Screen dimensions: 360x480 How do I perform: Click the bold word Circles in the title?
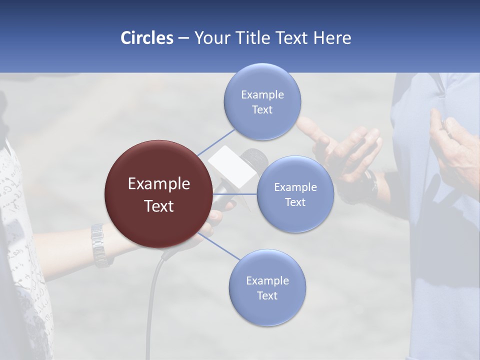146,38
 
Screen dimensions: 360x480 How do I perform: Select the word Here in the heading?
332,38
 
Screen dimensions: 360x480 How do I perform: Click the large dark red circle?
158,194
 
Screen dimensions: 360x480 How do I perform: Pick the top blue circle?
262,101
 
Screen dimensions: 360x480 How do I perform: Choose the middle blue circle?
295,194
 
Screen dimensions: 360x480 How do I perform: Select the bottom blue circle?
267,287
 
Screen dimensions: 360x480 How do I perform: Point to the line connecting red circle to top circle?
216,142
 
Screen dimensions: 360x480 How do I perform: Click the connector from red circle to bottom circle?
218,246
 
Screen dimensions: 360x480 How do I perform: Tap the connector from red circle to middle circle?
235,194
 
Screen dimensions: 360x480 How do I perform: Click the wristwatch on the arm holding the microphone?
99,244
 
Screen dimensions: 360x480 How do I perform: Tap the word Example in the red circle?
158,184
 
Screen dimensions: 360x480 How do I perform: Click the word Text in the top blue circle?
262,110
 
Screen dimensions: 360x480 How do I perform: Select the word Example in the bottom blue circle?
267,280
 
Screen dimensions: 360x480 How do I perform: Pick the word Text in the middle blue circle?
295,202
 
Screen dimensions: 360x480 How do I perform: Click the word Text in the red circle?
158,206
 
